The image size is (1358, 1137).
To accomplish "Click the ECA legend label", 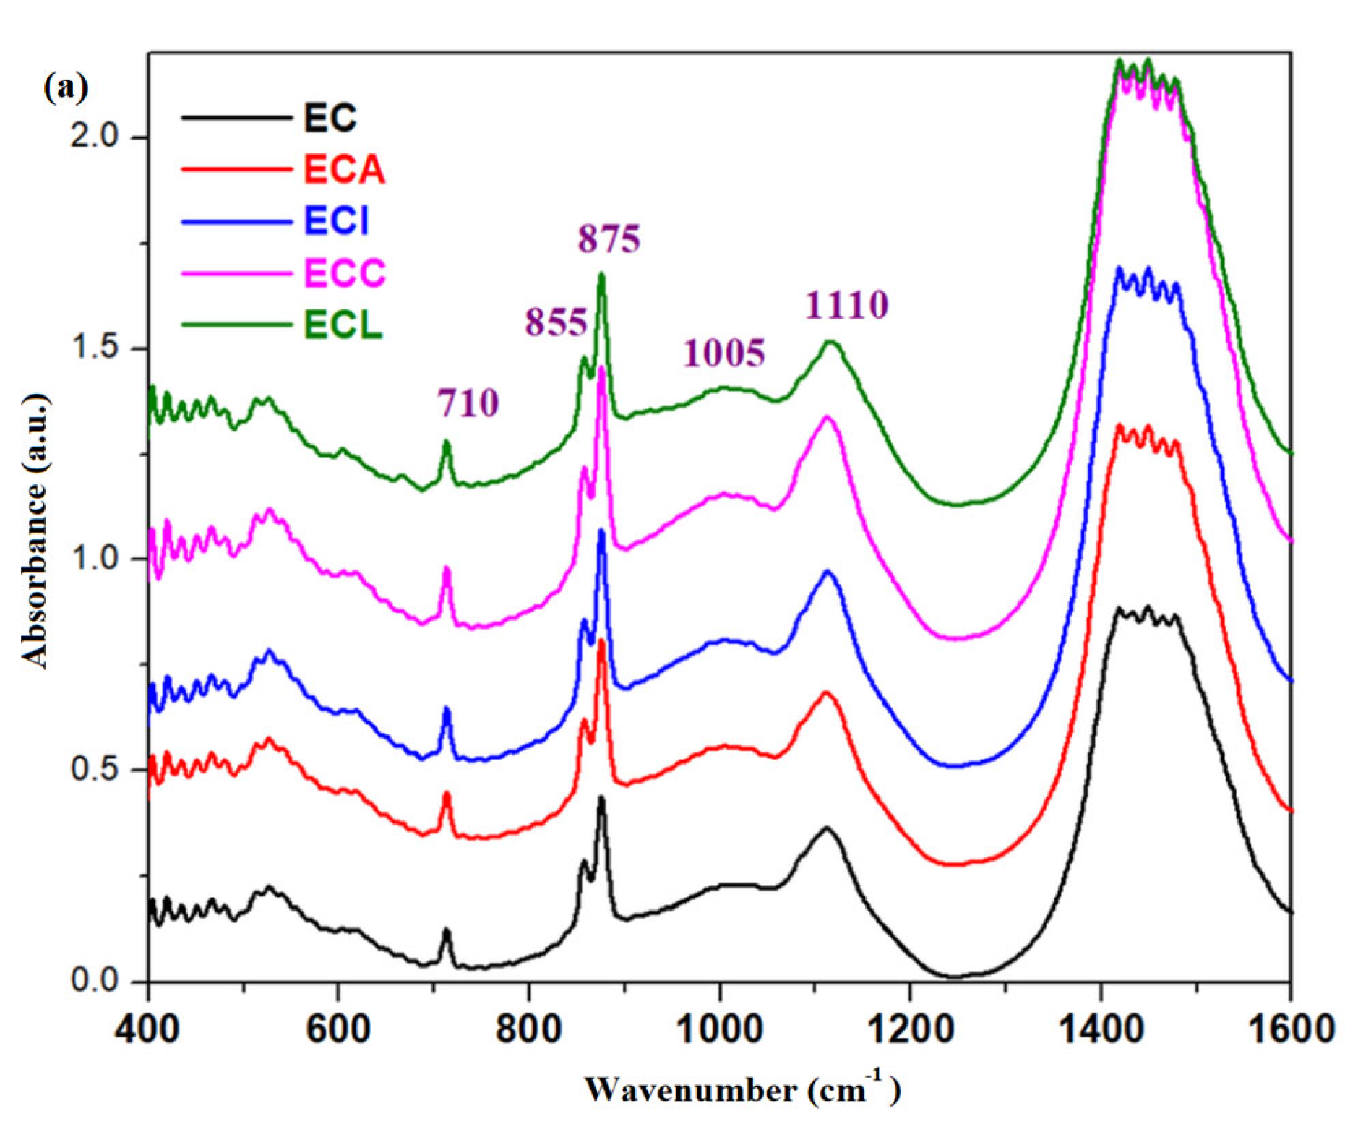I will [343, 171].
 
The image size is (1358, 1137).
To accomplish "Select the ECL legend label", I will [343, 325].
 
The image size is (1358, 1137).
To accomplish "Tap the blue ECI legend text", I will [336, 221].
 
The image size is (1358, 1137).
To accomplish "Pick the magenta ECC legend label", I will [344, 273].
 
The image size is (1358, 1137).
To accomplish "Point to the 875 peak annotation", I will [609, 239].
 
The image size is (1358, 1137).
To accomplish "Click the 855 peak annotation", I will [556, 322].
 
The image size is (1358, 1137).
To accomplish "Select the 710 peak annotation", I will [468, 403].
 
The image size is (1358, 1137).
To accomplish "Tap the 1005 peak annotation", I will [723, 353].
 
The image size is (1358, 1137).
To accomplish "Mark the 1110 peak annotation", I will [846, 305].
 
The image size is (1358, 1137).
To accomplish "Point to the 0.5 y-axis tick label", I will [94, 770].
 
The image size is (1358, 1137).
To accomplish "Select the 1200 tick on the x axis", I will [909, 1027].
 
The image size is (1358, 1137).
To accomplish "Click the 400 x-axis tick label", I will [147, 1027].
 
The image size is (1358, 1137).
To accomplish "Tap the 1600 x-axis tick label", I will [1289, 1027].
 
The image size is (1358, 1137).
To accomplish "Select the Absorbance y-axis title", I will [35, 531].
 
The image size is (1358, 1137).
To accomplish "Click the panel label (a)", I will [66, 87].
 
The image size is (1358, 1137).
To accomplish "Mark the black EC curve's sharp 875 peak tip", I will [601, 798].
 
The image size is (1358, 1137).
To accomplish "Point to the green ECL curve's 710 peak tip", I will [447, 442].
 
